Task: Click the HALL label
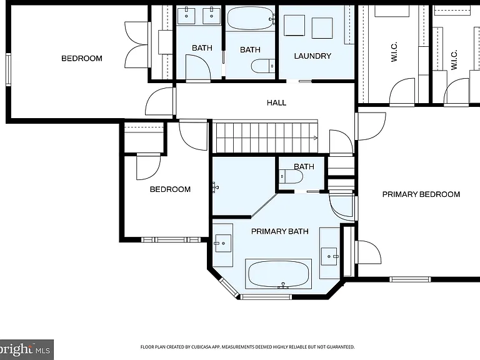[x=276, y=103]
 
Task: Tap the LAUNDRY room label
[x=312, y=56]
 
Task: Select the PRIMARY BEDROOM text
[x=421, y=194]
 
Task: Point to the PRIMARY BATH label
[x=280, y=231]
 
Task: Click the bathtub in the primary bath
[x=278, y=274]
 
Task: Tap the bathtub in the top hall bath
[x=251, y=19]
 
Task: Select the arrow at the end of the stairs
[x=315, y=138]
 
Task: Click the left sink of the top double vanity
[x=186, y=16]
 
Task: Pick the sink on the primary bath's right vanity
[x=329, y=256]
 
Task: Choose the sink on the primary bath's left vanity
[x=223, y=243]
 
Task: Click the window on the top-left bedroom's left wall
[x=8, y=69]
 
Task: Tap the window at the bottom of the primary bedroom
[x=410, y=279]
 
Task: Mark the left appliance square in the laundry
[x=294, y=26]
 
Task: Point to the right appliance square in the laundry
[x=322, y=28]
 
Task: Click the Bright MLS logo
[x=26, y=349]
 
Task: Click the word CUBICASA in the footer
[x=199, y=347]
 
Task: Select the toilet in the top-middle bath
[x=263, y=66]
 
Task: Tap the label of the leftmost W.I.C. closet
[x=394, y=52]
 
